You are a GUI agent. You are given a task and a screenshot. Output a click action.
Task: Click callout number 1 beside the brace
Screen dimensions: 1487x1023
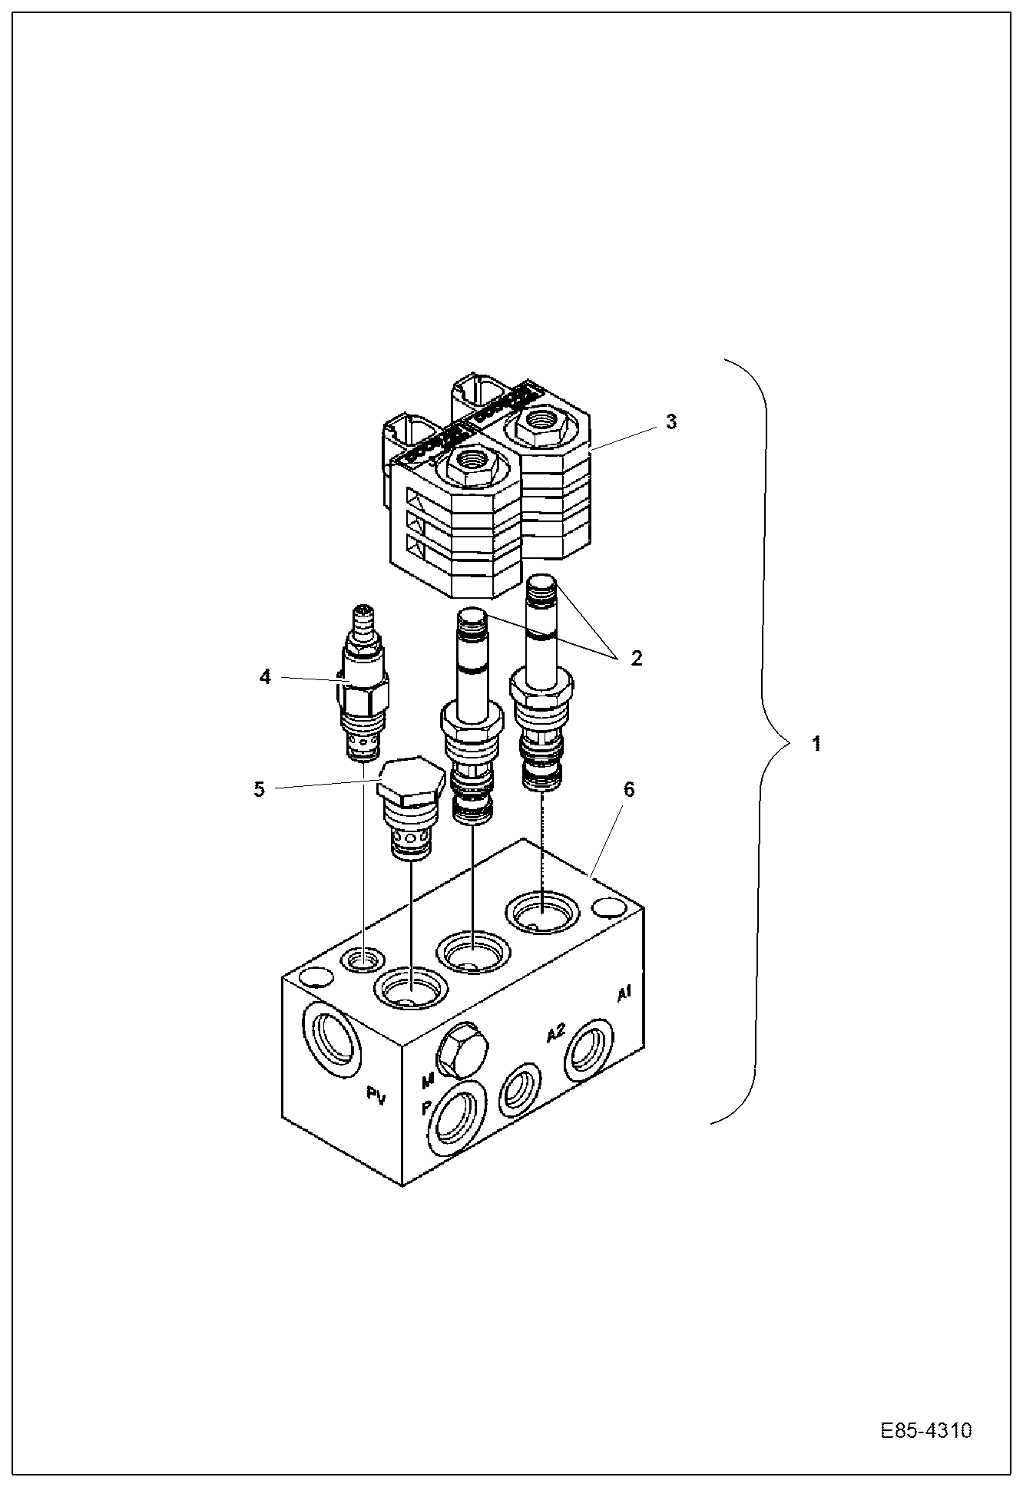tap(817, 743)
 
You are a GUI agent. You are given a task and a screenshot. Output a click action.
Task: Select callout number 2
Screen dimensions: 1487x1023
tap(637, 659)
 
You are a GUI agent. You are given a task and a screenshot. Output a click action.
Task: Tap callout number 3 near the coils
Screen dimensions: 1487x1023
tap(671, 421)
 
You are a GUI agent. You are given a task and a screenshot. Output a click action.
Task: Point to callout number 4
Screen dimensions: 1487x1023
tap(265, 678)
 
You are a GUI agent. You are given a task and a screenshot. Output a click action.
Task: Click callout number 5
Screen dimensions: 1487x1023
tap(259, 788)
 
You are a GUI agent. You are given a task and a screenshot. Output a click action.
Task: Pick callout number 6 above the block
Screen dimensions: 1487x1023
tap(628, 790)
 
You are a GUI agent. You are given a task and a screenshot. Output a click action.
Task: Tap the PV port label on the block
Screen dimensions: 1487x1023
tap(375, 1097)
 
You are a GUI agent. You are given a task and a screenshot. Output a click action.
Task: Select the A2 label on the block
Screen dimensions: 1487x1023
tap(555, 1033)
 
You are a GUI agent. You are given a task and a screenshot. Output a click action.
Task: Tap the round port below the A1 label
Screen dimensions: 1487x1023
tap(589, 1049)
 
